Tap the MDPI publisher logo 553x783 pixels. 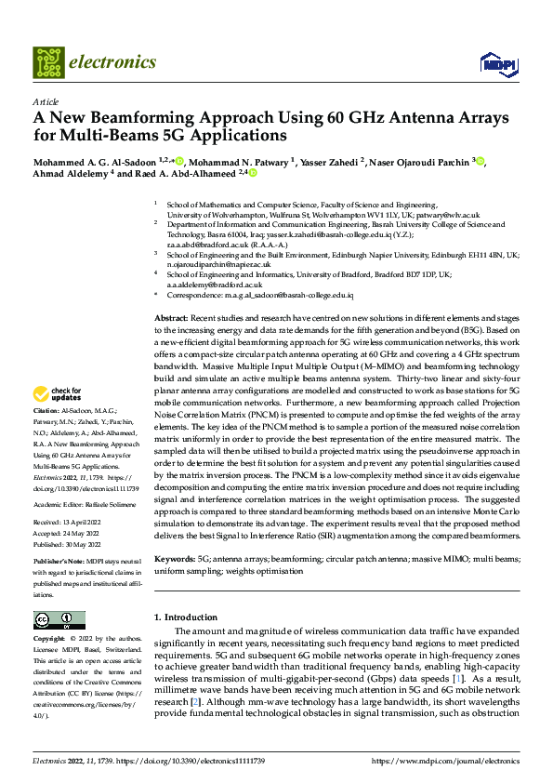pos(494,63)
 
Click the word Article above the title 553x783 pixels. pos(46,101)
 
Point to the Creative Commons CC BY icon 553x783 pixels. pos(59,619)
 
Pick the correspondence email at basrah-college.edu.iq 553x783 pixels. pos(298,295)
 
